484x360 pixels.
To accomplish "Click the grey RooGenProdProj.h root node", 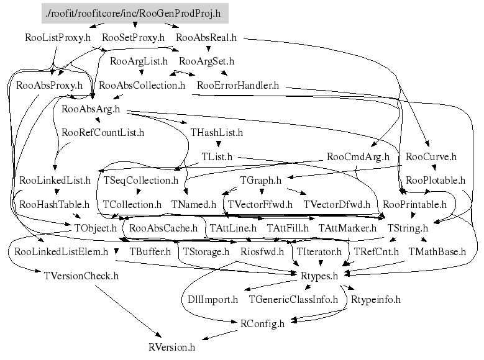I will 133,12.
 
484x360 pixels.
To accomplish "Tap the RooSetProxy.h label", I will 133,37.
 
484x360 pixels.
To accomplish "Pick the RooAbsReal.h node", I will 208,37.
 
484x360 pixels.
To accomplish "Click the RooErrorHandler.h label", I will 238,85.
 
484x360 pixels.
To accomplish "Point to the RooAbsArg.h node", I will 91,109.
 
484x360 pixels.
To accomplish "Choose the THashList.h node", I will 217,132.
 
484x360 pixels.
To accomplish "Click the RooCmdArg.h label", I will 358,156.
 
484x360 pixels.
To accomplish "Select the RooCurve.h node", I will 431,156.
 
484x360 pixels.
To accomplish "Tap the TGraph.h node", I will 261,181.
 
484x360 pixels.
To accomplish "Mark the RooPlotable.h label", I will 436,181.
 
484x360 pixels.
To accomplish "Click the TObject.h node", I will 96,228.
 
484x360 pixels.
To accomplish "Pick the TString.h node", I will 407,228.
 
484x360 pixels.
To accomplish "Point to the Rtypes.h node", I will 319,276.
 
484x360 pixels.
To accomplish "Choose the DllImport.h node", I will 213,299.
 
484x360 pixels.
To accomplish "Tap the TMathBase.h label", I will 437,252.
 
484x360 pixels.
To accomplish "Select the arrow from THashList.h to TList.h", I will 217,144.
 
